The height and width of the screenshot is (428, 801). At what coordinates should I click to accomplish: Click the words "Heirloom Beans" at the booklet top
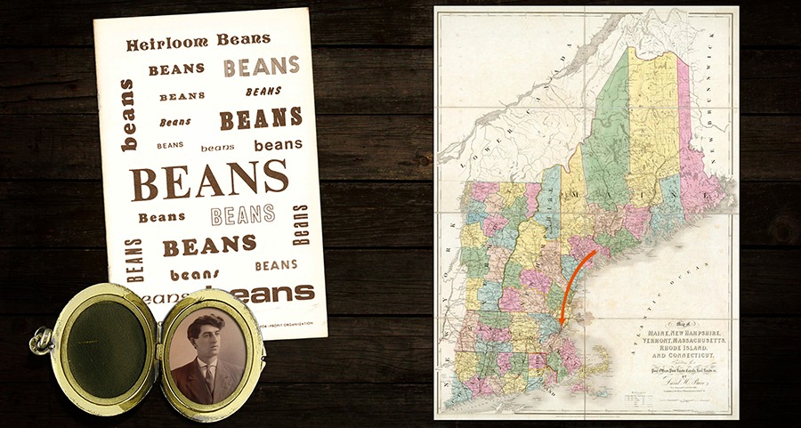(x=198, y=41)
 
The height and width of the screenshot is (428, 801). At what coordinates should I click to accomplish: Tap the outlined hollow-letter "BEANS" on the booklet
(x=243, y=214)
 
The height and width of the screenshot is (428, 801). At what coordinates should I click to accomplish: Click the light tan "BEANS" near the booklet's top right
(x=261, y=67)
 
